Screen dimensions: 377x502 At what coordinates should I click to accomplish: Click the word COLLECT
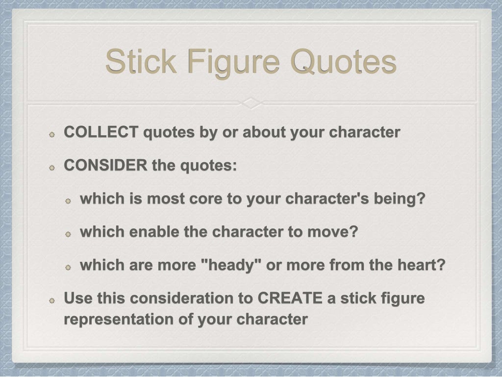pyautogui.click(x=101, y=132)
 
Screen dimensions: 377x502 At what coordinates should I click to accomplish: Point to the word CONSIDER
pyautogui.click(x=105, y=166)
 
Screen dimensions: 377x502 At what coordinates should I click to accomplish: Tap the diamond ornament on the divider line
pyautogui.click(x=251, y=103)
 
